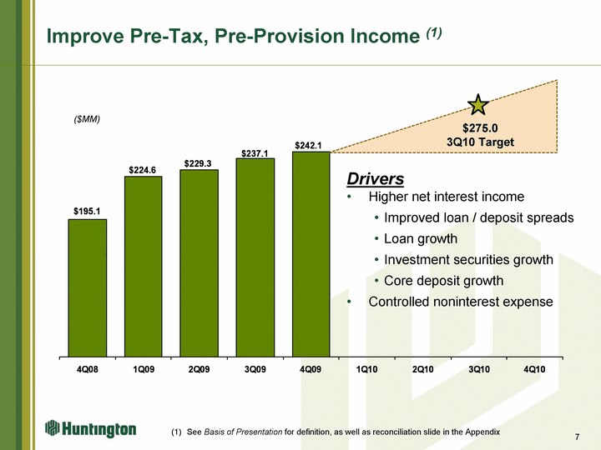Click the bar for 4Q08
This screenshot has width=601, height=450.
[x=88, y=288]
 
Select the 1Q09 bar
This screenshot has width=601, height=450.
[x=144, y=267]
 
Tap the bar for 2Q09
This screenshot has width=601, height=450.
[x=199, y=263]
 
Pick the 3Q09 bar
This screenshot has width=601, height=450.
[x=255, y=257]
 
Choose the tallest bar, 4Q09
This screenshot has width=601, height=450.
[x=311, y=254]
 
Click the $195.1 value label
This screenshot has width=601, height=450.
[x=87, y=211]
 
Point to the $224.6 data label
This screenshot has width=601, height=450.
[x=142, y=170]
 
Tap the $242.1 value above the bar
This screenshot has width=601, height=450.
[x=308, y=145]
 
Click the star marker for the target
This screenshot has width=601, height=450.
[x=478, y=105]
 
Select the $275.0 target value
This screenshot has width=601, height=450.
[x=480, y=127]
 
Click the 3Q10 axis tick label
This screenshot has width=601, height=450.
[x=479, y=369]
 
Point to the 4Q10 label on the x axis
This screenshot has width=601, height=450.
[x=535, y=369]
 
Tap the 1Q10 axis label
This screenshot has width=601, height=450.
[x=366, y=369]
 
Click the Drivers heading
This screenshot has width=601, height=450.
[x=376, y=178]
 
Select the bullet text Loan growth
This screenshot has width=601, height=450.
[x=421, y=239]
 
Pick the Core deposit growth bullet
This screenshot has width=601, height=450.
[x=443, y=281]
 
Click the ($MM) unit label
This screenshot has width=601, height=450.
[x=87, y=119]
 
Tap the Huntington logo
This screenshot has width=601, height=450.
[x=90, y=429]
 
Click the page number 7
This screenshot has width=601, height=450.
[x=578, y=437]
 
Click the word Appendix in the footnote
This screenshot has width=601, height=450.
[x=482, y=432]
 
